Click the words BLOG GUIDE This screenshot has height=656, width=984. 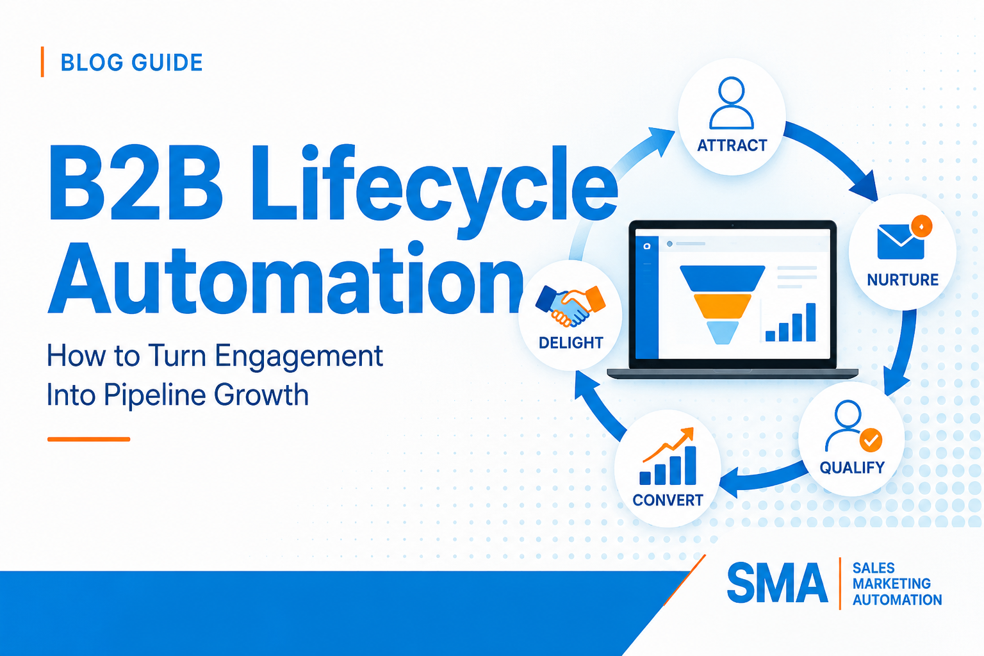[x=131, y=62]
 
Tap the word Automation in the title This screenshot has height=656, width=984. [x=286, y=277]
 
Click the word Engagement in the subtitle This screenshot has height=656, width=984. [x=299, y=357]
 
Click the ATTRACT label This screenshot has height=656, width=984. [x=732, y=145]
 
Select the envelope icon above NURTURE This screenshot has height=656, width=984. [x=901, y=242]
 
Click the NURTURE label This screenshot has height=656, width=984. [x=902, y=280]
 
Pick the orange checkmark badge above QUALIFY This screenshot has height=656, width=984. [x=871, y=440]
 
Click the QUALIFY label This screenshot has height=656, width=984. [x=852, y=468]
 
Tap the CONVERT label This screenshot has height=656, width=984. [x=668, y=500]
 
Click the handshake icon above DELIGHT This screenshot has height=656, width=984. [x=571, y=306]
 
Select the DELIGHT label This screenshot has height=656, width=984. [x=571, y=343]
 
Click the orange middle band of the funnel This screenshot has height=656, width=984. [x=722, y=306]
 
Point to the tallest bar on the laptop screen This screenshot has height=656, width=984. [x=811, y=322]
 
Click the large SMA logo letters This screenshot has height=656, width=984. [x=777, y=583]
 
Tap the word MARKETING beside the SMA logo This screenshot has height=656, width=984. [x=891, y=584]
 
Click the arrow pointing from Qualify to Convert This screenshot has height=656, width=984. [x=764, y=480]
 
